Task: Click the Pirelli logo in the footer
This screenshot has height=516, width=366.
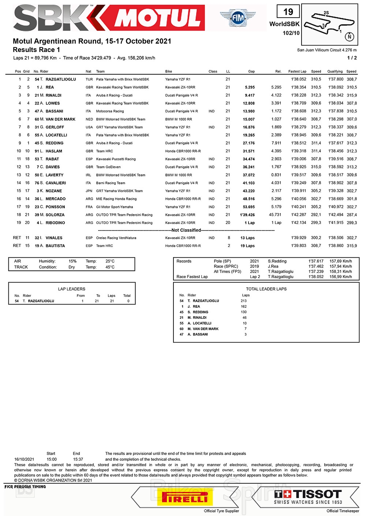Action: pos(185,497)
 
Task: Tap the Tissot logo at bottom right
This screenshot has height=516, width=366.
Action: pos(308,497)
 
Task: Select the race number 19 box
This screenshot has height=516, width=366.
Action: pos(288,12)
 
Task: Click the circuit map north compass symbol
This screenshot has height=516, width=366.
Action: pos(350,36)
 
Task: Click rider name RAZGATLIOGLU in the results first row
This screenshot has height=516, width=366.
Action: pos(61,79)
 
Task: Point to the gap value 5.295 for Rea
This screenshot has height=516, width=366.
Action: pos(250,87)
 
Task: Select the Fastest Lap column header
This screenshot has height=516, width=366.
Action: pos(297,71)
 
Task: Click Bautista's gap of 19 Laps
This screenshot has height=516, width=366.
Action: pos(247,246)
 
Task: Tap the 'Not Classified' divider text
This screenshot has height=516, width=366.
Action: pos(186,230)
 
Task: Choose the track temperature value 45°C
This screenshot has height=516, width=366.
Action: pos(110,267)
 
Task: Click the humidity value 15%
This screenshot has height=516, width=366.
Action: pos(72,261)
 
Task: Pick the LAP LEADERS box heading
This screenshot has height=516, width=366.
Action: pos(72,289)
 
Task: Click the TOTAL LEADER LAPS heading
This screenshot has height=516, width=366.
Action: pos(266,289)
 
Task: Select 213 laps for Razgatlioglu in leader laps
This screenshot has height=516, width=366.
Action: pos(244,301)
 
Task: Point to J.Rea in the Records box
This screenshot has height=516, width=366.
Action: pos(273,266)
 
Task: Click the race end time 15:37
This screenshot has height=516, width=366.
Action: pos(78,459)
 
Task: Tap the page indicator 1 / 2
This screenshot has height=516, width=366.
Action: pos(352,58)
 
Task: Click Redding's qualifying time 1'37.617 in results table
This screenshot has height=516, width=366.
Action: pos(336,143)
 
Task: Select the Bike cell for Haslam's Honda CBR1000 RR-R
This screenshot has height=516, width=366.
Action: pos(183,151)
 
